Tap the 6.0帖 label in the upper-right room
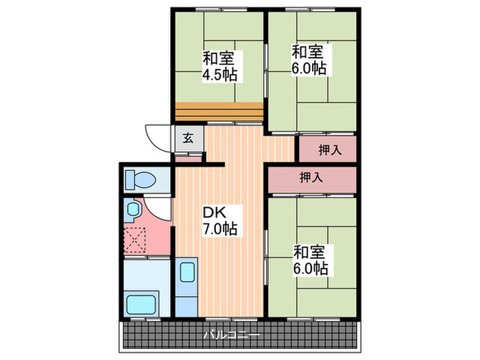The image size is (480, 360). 309,68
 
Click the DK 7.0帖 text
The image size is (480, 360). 219,221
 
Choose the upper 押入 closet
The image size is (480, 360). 327,149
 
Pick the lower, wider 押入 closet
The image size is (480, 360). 311,178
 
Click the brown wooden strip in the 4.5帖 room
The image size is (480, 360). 219,110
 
